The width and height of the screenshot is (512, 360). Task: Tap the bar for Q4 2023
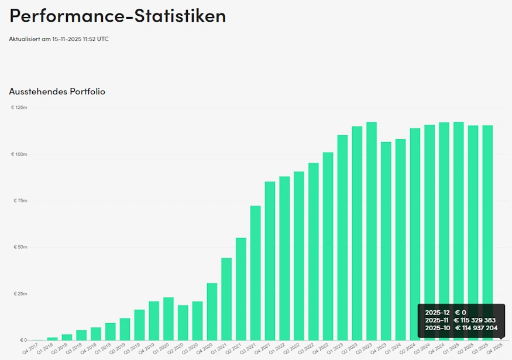pos(386,241)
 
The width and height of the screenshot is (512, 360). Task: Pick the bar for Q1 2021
pos(226,299)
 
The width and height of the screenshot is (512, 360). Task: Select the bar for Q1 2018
pos(53,338)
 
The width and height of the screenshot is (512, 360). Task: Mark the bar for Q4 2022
pos(328,246)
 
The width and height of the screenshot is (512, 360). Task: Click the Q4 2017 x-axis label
pos(29,349)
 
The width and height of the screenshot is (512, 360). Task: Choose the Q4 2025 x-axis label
pos(494,349)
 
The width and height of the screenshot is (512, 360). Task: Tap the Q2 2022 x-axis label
pos(291,349)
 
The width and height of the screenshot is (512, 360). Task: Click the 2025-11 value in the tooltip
pos(437,320)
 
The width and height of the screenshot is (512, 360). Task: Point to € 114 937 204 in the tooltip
pos(476,328)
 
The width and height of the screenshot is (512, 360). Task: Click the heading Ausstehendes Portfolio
pos(57,91)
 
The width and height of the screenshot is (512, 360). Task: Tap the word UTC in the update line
pos(103,39)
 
